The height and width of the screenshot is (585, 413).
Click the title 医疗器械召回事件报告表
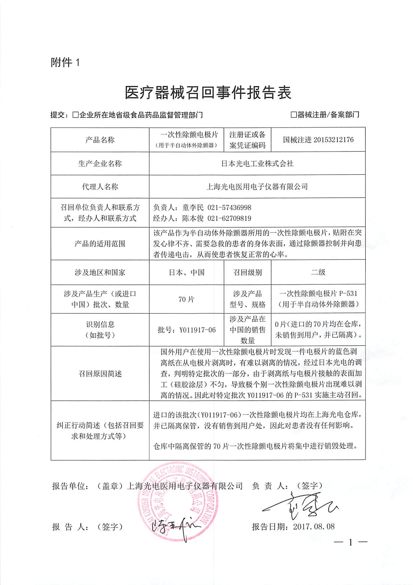pyautogui.click(x=208, y=92)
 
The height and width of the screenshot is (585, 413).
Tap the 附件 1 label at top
pyautogui.click(x=65, y=62)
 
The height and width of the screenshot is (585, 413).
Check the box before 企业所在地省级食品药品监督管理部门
pyautogui.click(x=75, y=115)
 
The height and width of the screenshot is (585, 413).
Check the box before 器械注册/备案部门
pyautogui.click(x=293, y=115)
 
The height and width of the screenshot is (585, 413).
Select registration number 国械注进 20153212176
pyautogui.click(x=318, y=140)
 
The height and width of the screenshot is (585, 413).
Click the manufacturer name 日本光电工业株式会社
pyautogui.click(x=257, y=163)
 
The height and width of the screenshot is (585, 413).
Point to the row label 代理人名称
pyautogui.click(x=100, y=187)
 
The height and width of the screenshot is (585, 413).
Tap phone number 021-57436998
pyautogui.click(x=229, y=208)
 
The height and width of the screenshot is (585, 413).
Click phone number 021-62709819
pyautogui.click(x=229, y=218)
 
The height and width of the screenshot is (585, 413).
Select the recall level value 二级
pyautogui.click(x=318, y=272)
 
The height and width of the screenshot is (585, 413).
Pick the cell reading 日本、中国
pyautogui.click(x=187, y=272)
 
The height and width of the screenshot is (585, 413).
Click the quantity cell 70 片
pyautogui.click(x=187, y=299)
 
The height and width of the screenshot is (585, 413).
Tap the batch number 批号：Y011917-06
pyautogui.click(x=187, y=330)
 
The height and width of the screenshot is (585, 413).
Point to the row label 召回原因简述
pyautogui.click(x=100, y=374)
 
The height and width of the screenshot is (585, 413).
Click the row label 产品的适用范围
pyautogui.click(x=100, y=244)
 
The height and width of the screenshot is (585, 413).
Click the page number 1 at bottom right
pyautogui.click(x=350, y=542)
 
